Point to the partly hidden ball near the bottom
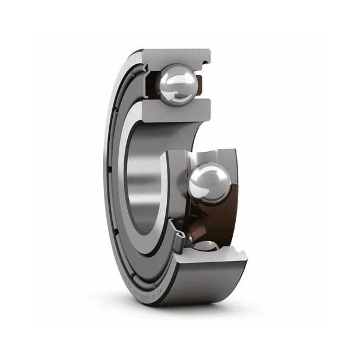pos(206,244)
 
